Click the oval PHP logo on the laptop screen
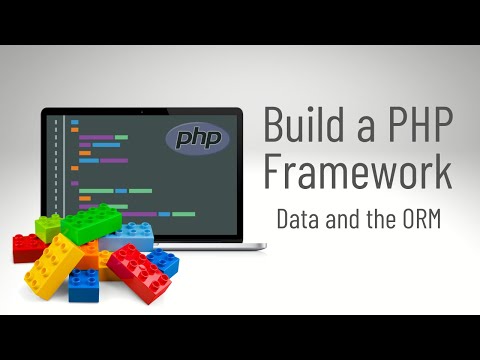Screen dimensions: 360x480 coord(197,138)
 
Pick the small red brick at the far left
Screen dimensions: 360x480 coord(27,247)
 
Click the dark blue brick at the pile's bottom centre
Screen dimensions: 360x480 coord(84,286)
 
